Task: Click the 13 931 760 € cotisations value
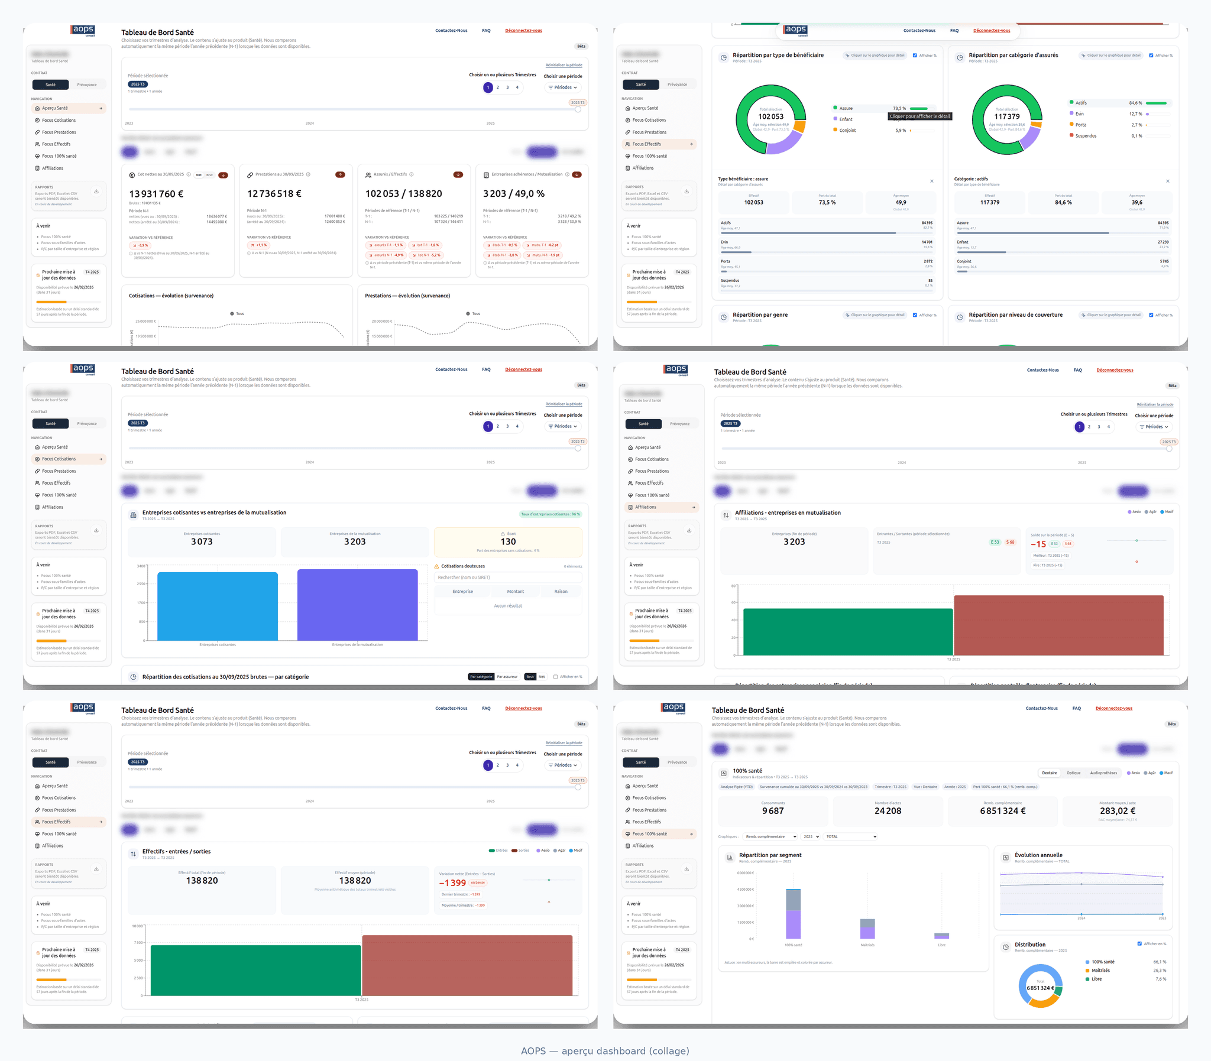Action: [156, 194]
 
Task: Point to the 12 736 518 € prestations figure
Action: [274, 194]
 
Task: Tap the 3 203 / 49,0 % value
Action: [513, 194]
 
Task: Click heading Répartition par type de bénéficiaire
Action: [778, 55]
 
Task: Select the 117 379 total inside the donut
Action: [1006, 116]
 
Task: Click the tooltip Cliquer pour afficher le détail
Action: [919, 116]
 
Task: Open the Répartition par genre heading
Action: [760, 315]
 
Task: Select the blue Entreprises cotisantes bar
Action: [218, 606]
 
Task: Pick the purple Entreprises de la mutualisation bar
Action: [357, 605]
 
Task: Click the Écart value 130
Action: [508, 542]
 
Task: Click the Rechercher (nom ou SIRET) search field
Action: [508, 577]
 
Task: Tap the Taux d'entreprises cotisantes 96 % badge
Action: [551, 514]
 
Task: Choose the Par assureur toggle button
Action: [507, 677]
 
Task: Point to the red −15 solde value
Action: [1038, 544]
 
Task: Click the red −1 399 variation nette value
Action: [452, 882]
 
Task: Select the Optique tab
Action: [1073, 773]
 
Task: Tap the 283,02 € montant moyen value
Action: [1118, 811]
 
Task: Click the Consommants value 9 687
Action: [773, 811]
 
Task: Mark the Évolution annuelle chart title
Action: [1038, 855]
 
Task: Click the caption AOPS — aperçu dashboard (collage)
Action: [604, 1051]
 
